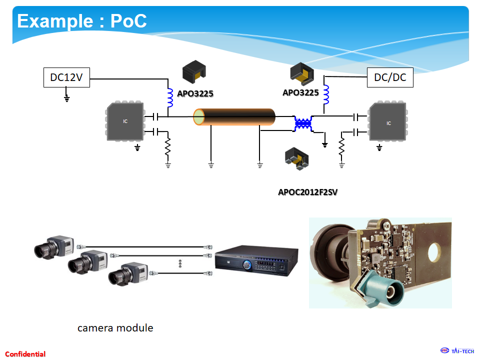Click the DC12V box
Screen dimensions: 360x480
tap(66, 77)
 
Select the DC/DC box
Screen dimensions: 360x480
tap(390, 77)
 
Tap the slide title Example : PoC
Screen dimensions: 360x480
tap(82, 21)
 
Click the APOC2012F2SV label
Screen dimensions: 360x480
tap(307, 191)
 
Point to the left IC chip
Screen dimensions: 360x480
tap(125, 121)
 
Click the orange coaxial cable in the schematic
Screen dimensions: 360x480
tap(235, 117)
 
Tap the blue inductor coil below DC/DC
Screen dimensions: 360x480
tap(326, 93)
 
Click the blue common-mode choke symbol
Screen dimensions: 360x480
tap(303, 123)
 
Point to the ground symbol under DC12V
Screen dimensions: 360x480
tap(66, 97)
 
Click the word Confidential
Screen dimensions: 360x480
tap(25, 354)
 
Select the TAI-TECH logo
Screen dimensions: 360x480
tap(457, 350)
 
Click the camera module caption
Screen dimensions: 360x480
tap(115, 328)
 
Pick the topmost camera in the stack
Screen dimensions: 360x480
tap(55, 246)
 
